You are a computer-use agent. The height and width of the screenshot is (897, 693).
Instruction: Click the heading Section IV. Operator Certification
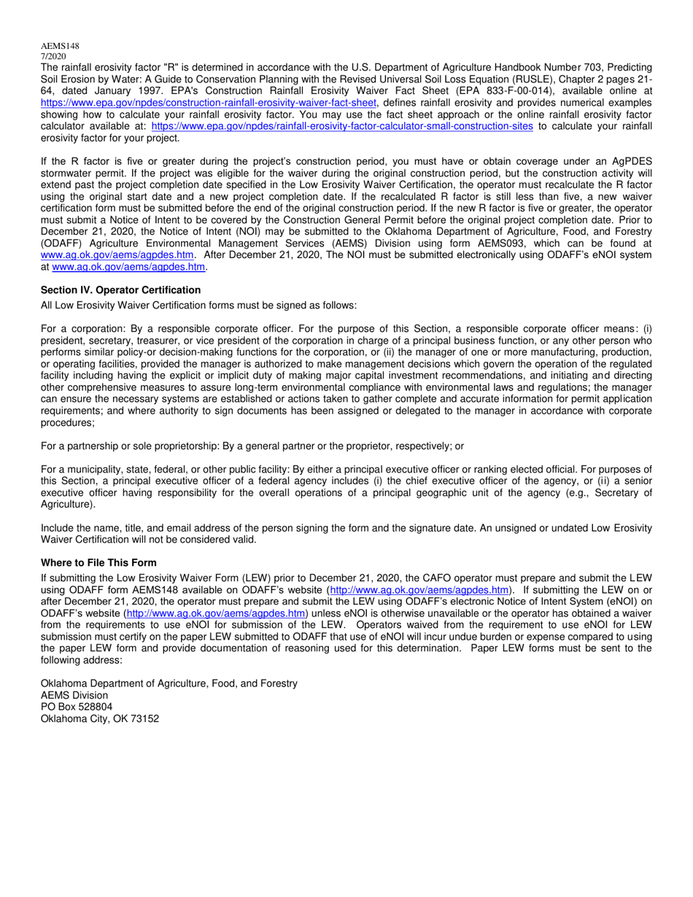[x=120, y=290]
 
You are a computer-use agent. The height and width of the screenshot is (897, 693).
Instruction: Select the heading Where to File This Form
[x=98, y=562]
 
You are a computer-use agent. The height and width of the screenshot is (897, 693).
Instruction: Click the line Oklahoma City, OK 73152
[x=100, y=718]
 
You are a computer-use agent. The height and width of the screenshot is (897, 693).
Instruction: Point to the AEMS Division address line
[x=74, y=695]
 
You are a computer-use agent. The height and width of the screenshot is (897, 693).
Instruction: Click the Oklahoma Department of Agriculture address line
[x=169, y=683]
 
